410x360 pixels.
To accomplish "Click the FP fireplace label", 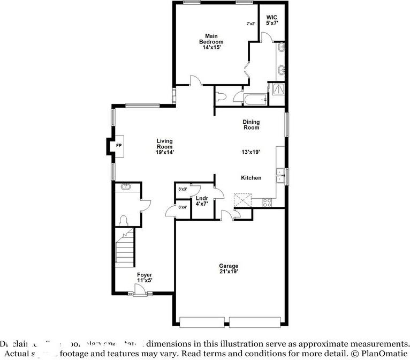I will point(119,145).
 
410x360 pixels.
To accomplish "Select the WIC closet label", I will point(272,20).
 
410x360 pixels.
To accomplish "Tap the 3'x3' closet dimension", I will point(182,189).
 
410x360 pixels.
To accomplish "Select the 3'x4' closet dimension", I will point(182,207).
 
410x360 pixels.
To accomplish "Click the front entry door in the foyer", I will point(140,290).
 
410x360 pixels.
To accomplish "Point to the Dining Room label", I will point(251,125).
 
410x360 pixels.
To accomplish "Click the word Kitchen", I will point(251,178).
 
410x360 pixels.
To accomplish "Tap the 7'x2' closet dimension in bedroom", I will point(250,24).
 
